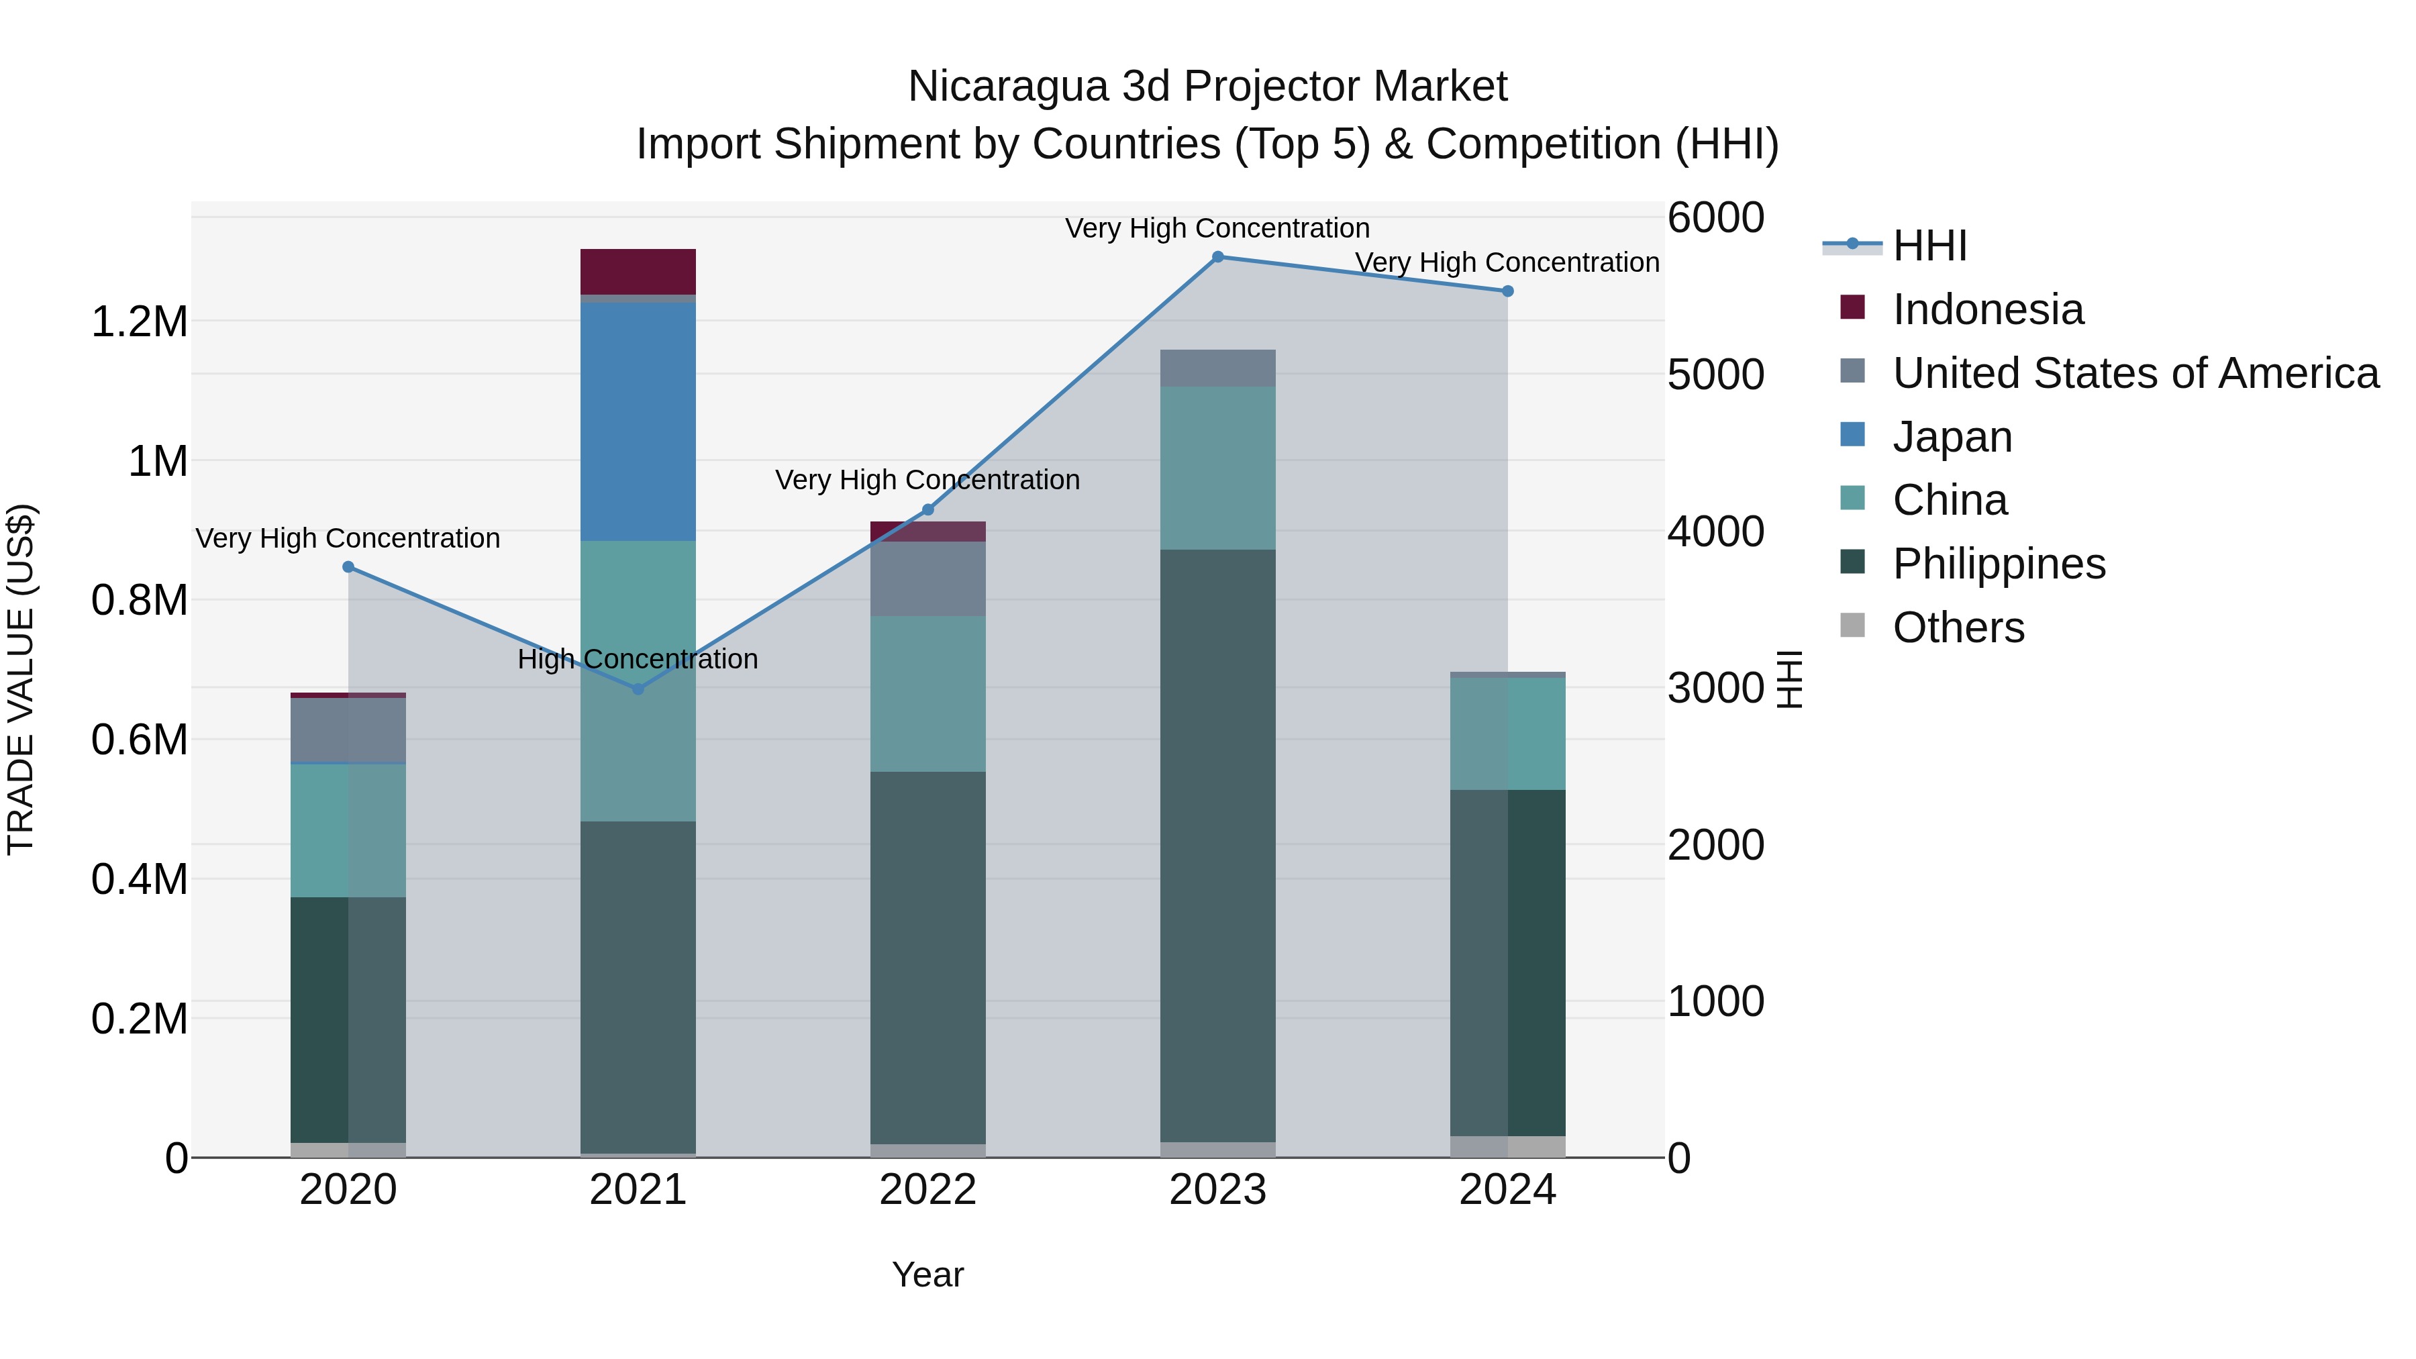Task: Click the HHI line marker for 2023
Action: click(1217, 256)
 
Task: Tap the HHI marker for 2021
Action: click(638, 689)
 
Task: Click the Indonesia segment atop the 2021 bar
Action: click(638, 272)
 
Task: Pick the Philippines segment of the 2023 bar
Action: click(1217, 844)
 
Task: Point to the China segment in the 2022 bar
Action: click(927, 694)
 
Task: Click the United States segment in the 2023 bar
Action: click(1217, 368)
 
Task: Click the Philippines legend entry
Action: click(1998, 564)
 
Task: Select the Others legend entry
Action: click(1958, 627)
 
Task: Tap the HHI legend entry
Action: click(1928, 246)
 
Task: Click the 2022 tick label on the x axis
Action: click(927, 1190)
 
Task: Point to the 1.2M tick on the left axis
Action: click(139, 321)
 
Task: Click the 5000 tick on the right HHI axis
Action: click(1715, 374)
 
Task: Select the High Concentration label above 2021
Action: click(638, 659)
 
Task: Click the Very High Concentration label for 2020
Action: click(347, 538)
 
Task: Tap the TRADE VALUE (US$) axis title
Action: click(21, 679)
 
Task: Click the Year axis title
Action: click(927, 1274)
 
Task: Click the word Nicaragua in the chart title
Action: click(1007, 87)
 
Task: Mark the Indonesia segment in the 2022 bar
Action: click(927, 531)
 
